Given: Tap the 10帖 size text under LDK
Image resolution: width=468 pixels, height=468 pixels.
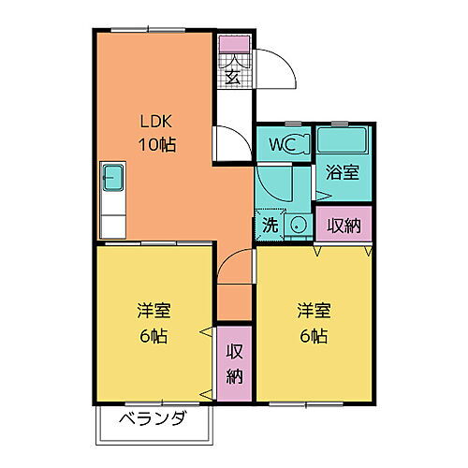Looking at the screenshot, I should click(157, 145).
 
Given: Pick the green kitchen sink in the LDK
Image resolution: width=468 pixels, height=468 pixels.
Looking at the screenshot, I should click(111, 177).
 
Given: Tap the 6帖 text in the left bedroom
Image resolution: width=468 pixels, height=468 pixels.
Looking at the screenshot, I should click(152, 334).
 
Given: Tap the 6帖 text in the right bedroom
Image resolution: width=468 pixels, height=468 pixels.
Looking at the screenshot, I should click(314, 334).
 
